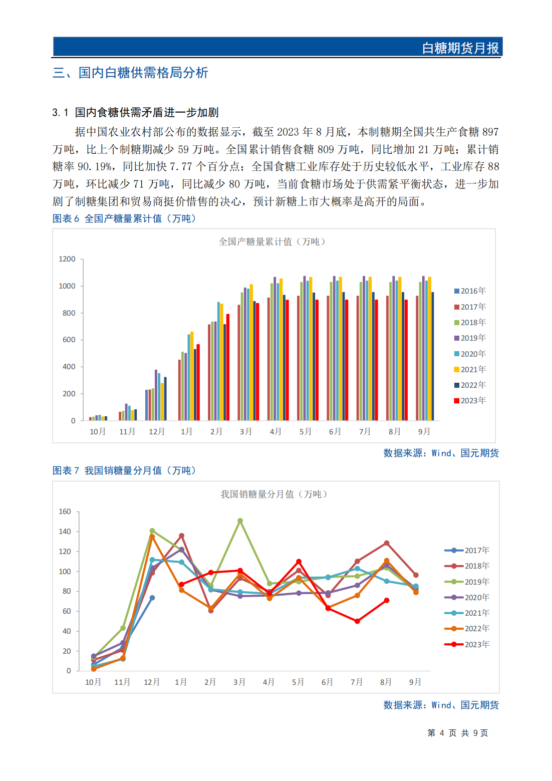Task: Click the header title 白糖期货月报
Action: tap(460, 48)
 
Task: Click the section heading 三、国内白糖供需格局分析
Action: tap(130, 73)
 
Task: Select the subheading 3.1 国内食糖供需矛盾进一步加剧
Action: tap(135, 112)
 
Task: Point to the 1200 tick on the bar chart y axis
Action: tap(67, 259)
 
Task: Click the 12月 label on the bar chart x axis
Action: tap(157, 432)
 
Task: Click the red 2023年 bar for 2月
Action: tap(228, 367)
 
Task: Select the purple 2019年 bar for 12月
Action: tap(156, 395)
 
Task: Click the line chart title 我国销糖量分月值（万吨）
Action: tap(274, 494)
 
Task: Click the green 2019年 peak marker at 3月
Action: tap(240, 521)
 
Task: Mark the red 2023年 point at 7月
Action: tap(357, 621)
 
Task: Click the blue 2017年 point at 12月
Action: tap(152, 598)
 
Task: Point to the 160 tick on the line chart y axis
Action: tap(65, 511)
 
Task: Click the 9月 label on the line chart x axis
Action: tap(415, 682)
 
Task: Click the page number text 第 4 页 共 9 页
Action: tap(457, 733)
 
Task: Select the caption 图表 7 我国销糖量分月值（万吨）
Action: tap(124, 470)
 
